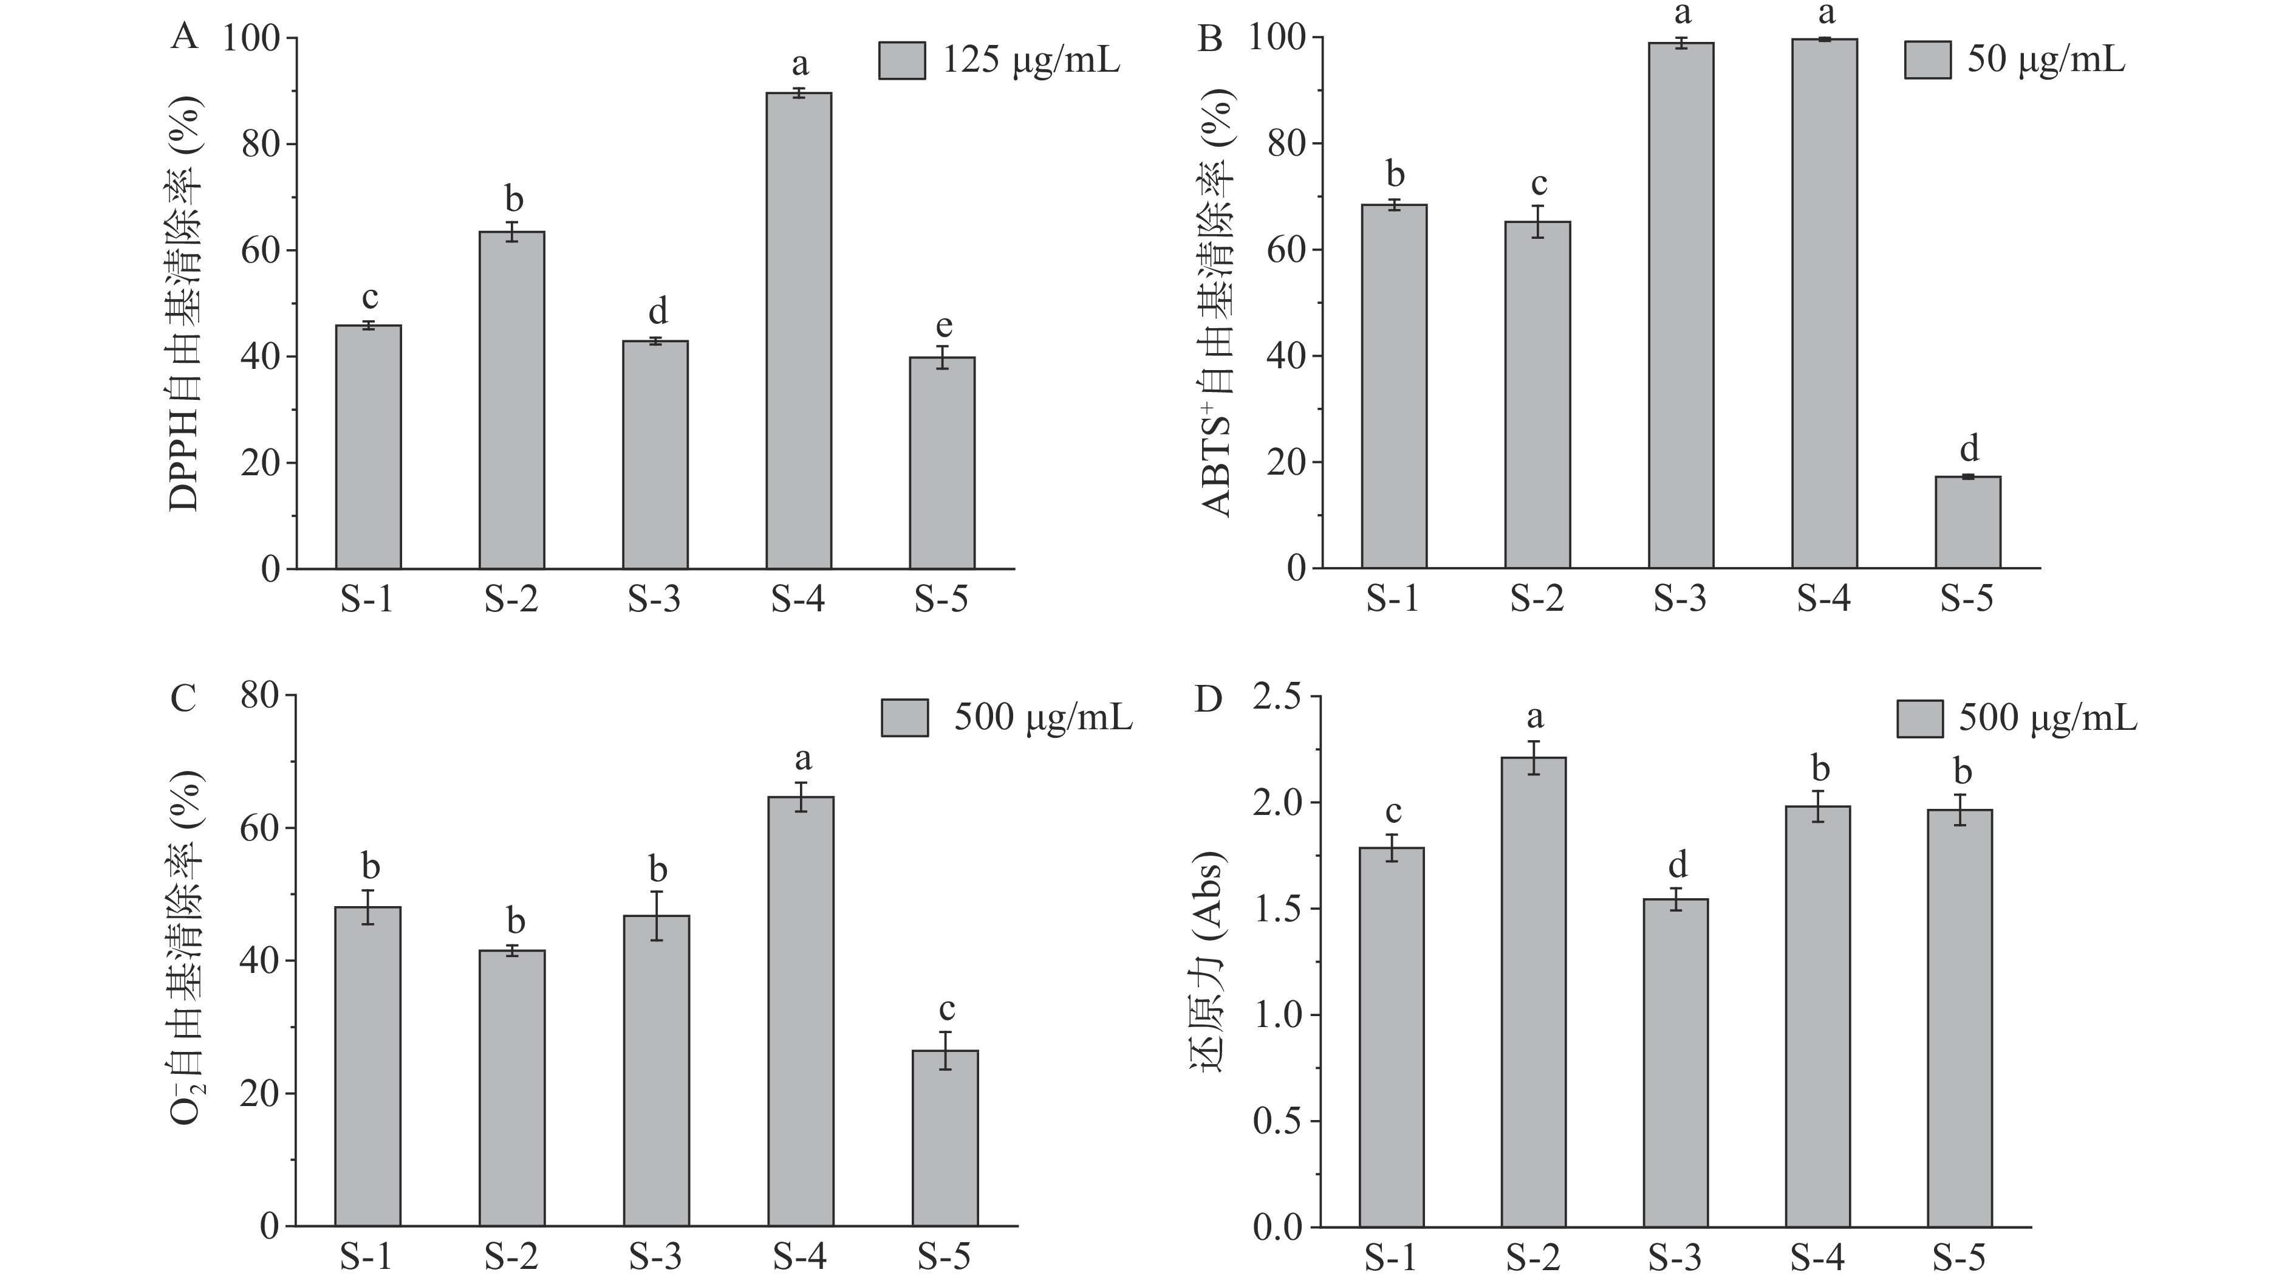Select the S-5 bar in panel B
(x=1967, y=523)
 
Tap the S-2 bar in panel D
(x=1533, y=991)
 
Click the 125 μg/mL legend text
(x=1031, y=60)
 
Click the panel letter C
(x=183, y=700)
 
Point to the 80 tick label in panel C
(x=259, y=696)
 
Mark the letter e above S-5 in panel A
(x=943, y=326)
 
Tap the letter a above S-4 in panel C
(x=802, y=759)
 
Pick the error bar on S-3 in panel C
(x=656, y=916)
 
